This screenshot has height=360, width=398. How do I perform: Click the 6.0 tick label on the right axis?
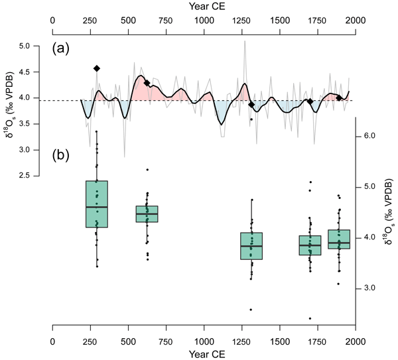click(369, 136)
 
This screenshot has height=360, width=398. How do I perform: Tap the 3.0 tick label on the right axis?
click(369, 288)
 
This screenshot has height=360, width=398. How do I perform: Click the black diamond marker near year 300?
click(97, 68)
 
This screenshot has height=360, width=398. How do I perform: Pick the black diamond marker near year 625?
click(147, 83)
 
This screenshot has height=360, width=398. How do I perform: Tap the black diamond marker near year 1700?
click(310, 101)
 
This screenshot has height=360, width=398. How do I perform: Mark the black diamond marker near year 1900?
click(339, 98)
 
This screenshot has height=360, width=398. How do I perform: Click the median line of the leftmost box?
click(97, 207)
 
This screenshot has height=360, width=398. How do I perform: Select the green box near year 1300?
click(251, 246)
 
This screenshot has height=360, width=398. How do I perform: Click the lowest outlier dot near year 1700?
click(310, 318)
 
